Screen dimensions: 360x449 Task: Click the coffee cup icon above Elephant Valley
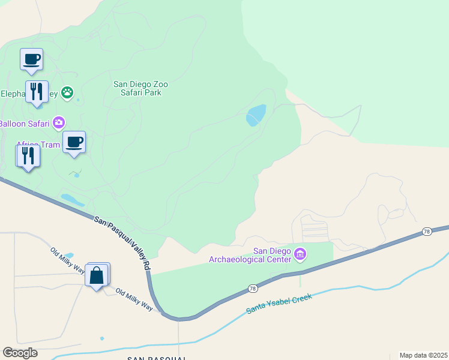[32, 59]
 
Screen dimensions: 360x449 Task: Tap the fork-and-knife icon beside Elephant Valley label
[37, 92]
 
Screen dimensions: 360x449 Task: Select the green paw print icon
[67, 92]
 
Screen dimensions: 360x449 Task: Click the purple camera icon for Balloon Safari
[59, 123]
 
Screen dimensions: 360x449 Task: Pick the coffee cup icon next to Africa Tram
[74, 142]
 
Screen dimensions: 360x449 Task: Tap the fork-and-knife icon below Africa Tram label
[28, 155]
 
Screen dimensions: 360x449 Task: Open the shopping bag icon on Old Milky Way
[97, 275]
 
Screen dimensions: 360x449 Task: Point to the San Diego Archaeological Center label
[250, 255]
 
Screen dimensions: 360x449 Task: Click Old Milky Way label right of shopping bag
[134, 299]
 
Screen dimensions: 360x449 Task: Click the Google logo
[20, 352]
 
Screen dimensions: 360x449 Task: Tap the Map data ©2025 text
[423, 355]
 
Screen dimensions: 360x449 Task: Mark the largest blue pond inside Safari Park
[256, 115]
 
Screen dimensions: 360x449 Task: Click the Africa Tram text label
[37, 145]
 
